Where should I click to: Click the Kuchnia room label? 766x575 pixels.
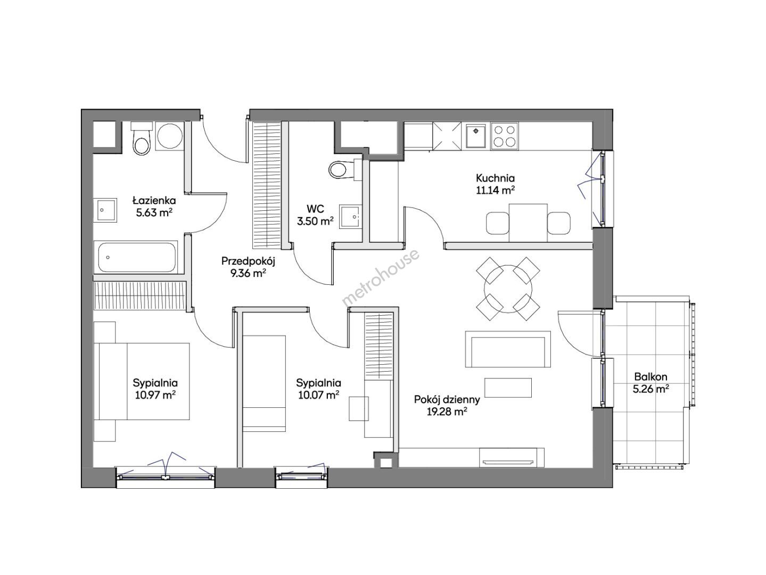[495, 178]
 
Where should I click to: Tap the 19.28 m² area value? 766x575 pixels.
[447, 412]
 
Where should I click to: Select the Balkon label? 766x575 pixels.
[650, 376]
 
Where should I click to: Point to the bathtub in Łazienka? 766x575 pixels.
[136, 257]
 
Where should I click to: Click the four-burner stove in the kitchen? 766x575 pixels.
[504, 136]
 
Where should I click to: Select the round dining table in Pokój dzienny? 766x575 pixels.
[508, 289]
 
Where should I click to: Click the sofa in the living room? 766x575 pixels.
[508, 349]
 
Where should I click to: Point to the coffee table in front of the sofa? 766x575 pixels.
[508, 388]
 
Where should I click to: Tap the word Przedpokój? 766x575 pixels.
[249, 261]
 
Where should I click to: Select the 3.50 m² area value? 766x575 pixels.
[315, 221]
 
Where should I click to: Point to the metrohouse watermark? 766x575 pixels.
[381, 277]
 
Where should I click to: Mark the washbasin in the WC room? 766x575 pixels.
[350, 217]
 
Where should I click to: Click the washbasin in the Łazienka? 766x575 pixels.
[105, 210]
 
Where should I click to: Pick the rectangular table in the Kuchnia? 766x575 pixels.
[528, 223]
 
